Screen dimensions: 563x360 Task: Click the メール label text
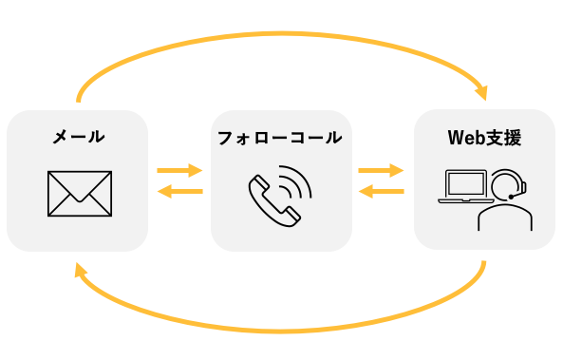pos(79,137)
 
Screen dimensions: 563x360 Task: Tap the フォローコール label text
pos(280,138)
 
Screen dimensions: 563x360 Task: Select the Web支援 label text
pos(484,138)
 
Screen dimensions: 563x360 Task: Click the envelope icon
pos(80,194)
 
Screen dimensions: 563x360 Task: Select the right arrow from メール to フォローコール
pos(179,170)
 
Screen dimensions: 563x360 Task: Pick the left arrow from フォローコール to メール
pos(179,191)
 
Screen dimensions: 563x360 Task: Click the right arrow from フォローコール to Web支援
pos(381,170)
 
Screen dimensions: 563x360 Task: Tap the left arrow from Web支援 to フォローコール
pos(382,191)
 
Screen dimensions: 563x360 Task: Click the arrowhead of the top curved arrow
pos(482,93)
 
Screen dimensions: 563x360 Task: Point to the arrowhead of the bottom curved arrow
pos(80,270)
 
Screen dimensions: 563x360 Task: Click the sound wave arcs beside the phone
pos(296,181)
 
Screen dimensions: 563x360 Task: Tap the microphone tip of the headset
pos(511,197)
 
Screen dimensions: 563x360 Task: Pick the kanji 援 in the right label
pos(513,138)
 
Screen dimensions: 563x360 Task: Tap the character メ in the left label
pos(61,137)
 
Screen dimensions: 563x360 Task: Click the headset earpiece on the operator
pos(523,187)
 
